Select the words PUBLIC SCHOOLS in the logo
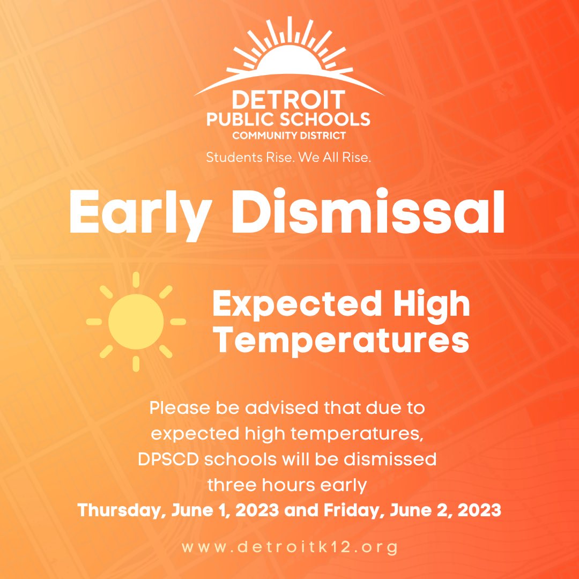click(289, 119)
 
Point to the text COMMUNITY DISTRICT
click(289, 135)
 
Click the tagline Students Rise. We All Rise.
click(289, 159)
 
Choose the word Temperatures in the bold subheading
click(341, 342)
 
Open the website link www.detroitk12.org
click(289, 548)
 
